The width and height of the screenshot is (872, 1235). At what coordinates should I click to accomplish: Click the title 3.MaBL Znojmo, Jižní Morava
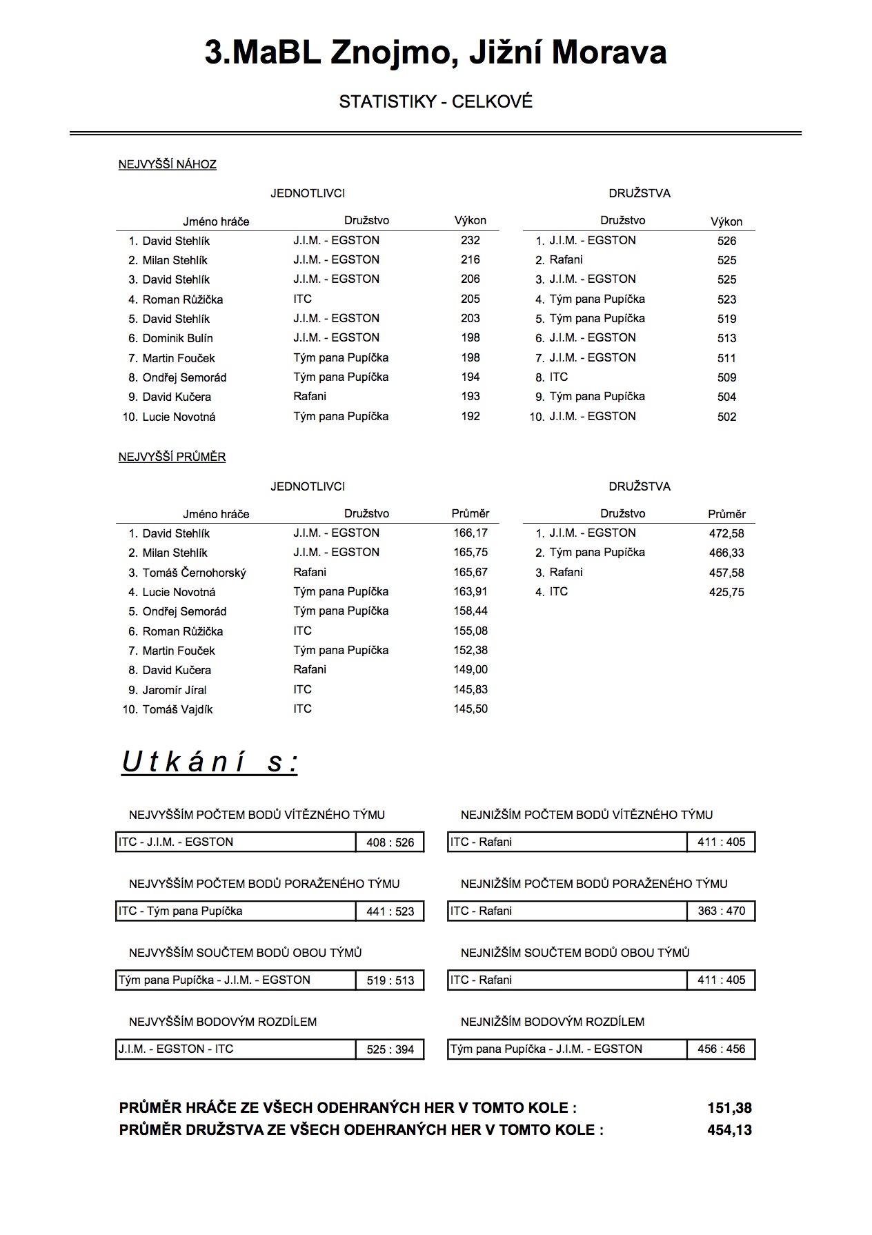(x=435, y=53)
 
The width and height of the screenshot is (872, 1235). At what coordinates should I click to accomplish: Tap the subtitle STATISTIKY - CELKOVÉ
(x=435, y=102)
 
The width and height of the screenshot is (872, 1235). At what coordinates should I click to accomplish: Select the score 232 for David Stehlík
(x=470, y=241)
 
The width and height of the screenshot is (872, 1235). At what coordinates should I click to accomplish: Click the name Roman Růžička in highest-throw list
(x=182, y=299)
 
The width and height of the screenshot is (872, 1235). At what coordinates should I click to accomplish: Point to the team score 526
(x=726, y=241)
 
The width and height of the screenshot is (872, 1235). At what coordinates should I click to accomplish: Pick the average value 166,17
(x=470, y=533)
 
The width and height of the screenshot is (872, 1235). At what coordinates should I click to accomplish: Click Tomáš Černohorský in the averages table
(x=194, y=573)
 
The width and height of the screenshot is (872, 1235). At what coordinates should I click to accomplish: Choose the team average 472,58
(x=726, y=533)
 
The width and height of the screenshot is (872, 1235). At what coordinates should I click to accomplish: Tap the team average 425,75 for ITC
(x=726, y=592)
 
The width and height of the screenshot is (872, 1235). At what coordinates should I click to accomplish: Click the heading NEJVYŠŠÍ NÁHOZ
(x=167, y=164)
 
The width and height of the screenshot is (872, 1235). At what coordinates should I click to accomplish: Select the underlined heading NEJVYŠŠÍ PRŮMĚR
(x=172, y=457)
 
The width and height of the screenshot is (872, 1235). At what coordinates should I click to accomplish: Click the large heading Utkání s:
(x=210, y=762)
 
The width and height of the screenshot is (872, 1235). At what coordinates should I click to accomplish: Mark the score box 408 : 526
(x=390, y=842)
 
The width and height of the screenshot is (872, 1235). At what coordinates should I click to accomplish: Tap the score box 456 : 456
(x=721, y=1049)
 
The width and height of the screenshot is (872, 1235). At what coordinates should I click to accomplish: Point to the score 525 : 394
(x=390, y=1049)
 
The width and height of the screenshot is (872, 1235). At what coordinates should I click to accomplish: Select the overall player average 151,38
(x=729, y=1108)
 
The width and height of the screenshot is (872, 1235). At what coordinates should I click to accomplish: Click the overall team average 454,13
(x=729, y=1130)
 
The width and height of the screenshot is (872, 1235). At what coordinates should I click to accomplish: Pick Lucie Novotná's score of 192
(x=470, y=417)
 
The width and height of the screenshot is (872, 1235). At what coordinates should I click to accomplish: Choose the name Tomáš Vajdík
(x=177, y=709)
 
